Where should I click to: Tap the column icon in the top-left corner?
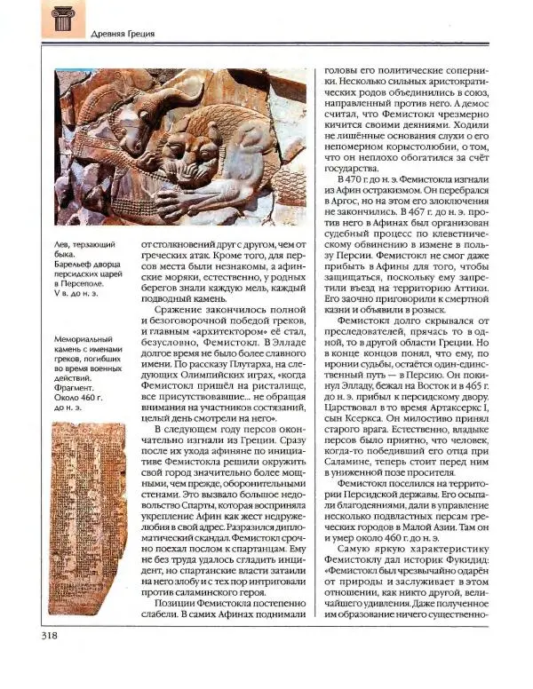(62, 20)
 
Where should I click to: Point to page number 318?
(50, 658)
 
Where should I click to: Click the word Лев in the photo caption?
(63, 240)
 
